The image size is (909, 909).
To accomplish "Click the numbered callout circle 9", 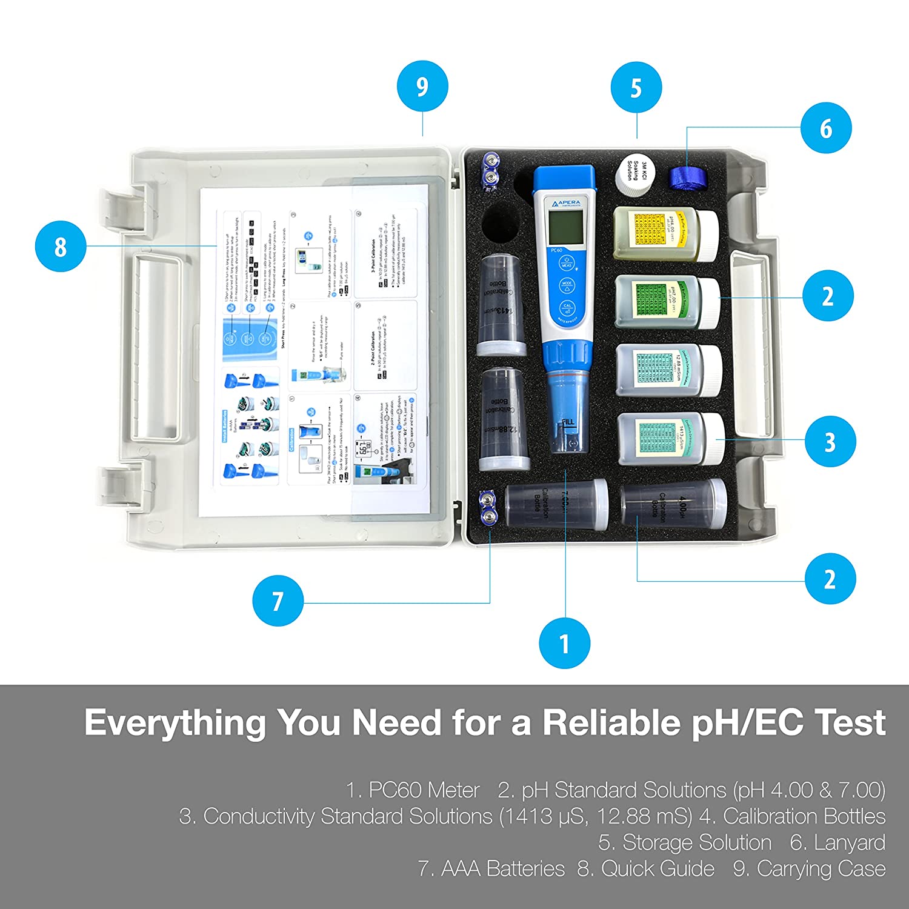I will click(x=422, y=86).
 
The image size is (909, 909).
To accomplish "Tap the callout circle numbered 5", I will click(x=636, y=87).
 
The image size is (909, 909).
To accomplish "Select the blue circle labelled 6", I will click(x=826, y=128).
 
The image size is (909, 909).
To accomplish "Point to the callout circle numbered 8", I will click(x=60, y=247).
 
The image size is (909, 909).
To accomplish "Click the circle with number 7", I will click(x=278, y=601).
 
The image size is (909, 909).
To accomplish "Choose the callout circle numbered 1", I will click(x=564, y=643).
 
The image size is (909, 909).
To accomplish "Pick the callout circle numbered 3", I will click(x=830, y=441).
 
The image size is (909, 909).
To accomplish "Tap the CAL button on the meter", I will click(x=567, y=308).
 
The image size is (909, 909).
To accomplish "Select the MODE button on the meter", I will click(x=567, y=285).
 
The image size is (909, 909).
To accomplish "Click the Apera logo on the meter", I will click(x=565, y=203).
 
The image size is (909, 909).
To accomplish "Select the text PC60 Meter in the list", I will click(x=424, y=790).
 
